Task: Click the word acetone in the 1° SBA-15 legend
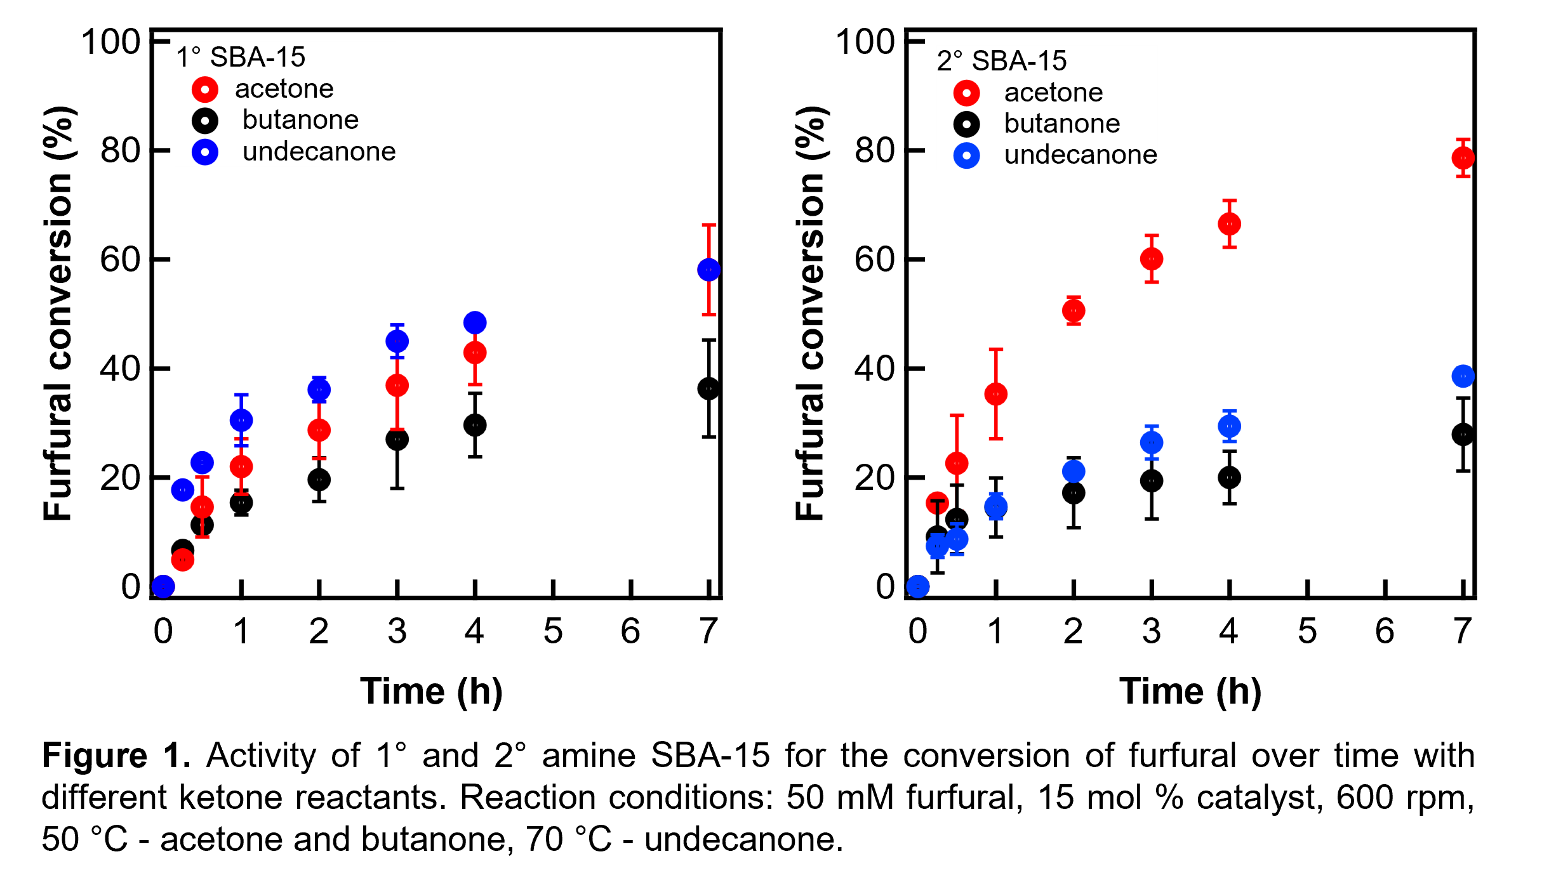tap(284, 89)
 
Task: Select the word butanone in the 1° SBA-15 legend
tap(300, 120)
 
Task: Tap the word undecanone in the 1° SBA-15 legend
tap(319, 152)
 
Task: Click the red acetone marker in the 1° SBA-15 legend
tap(205, 89)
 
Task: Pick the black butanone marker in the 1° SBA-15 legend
tap(205, 121)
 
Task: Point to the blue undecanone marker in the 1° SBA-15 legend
tap(205, 152)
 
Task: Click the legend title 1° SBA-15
tap(241, 57)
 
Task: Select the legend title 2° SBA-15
tap(1002, 61)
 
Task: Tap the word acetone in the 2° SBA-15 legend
tap(1053, 93)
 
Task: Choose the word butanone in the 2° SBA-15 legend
tap(1062, 124)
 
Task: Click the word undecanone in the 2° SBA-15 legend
tap(1081, 155)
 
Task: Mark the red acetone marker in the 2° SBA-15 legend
tap(966, 93)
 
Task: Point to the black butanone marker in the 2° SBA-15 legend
tap(966, 124)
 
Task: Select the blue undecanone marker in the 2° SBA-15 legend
tap(966, 156)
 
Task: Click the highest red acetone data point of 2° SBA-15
tap(1463, 158)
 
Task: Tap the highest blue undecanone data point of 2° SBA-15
tap(1463, 376)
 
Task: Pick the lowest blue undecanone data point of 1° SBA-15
tap(163, 586)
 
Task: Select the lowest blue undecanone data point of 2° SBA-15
tap(918, 586)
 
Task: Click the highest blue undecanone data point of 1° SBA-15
tap(708, 270)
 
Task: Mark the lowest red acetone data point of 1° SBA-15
tap(183, 560)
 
